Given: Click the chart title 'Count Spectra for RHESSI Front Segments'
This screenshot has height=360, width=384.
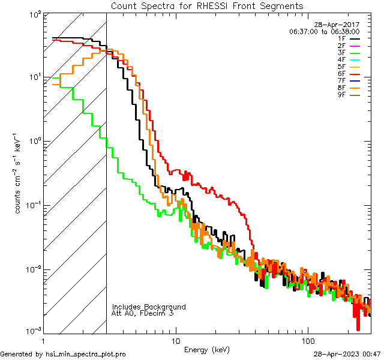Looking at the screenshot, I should pyautogui.click(x=207, y=6).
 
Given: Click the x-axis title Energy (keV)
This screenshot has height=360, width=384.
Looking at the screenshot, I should pyautogui.click(x=206, y=349).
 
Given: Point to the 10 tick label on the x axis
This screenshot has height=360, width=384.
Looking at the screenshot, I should pyautogui.click(x=175, y=340).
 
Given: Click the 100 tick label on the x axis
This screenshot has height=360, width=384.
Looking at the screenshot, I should pyautogui.click(x=307, y=340).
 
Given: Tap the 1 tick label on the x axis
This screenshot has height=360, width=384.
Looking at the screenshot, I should pyautogui.click(x=44, y=340).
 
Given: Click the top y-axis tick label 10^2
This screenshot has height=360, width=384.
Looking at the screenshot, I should pyautogui.click(x=34, y=14).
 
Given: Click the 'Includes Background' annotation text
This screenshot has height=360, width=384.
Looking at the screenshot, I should pyautogui.click(x=149, y=307).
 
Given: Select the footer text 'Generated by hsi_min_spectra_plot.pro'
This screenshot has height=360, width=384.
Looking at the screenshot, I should pyautogui.click(x=63, y=354).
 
